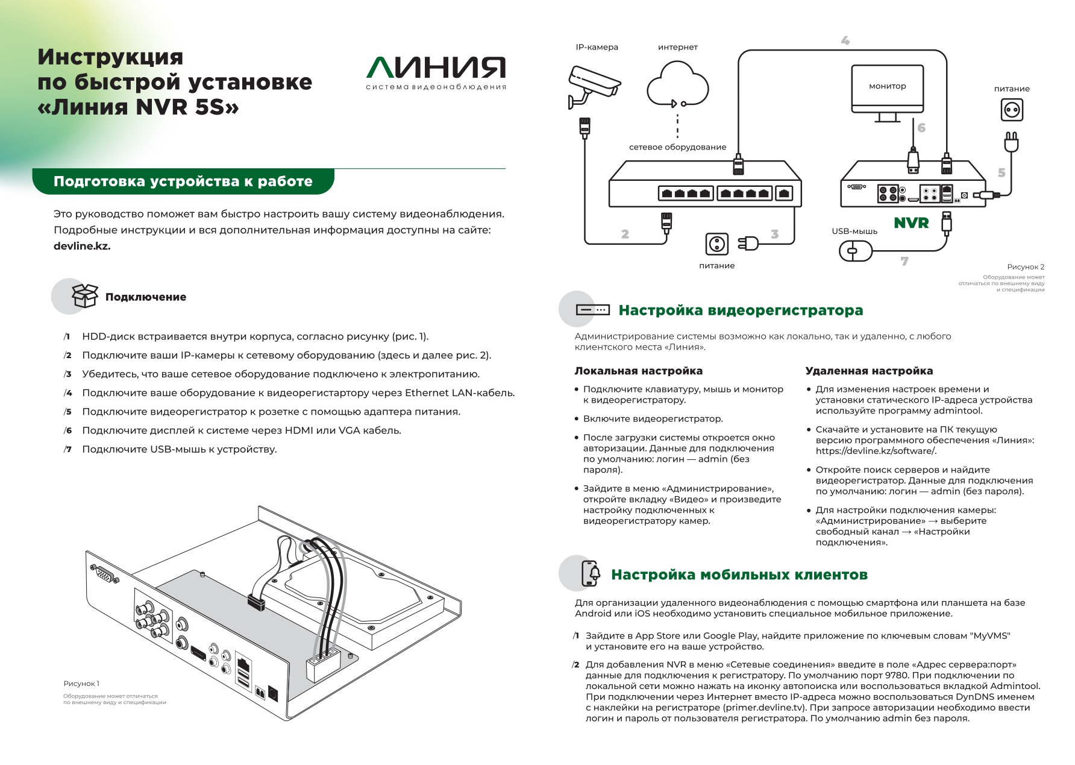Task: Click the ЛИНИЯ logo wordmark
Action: [x=436, y=68]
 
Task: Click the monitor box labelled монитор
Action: [x=887, y=87]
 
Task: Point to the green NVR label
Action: [x=911, y=223]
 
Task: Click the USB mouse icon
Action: [x=856, y=251]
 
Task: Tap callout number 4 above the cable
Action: [x=845, y=40]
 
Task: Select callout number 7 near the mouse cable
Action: [x=904, y=261]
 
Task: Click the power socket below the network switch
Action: [x=716, y=244]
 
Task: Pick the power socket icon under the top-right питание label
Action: [x=1012, y=110]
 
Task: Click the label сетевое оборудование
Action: [x=677, y=147]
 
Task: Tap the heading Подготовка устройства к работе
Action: [x=183, y=181]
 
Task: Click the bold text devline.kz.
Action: [x=82, y=246]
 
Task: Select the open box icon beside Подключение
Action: [x=84, y=295]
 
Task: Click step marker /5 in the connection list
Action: [x=68, y=412]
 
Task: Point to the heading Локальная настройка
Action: [x=638, y=371]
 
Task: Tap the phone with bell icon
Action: [x=591, y=573]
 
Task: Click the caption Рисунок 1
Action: [x=81, y=684]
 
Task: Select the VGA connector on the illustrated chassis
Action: [x=104, y=575]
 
